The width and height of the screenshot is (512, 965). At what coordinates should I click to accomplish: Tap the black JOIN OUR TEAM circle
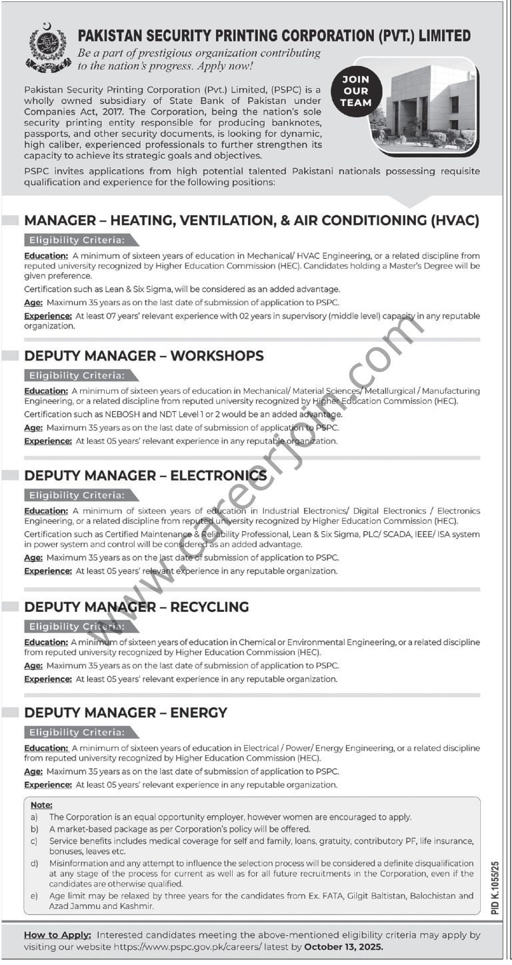(355, 91)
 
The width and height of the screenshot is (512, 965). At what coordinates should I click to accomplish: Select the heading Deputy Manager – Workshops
(144, 356)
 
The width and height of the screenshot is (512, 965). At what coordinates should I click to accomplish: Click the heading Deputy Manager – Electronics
(145, 475)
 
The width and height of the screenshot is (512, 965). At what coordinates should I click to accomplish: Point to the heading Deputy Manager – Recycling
(137, 607)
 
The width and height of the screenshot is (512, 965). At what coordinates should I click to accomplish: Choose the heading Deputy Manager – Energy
(126, 713)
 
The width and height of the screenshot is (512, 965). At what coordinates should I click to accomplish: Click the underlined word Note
(41, 805)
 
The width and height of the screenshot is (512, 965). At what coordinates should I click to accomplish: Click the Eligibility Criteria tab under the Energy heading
(77, 732)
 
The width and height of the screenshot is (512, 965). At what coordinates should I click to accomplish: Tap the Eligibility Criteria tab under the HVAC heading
(77, 241)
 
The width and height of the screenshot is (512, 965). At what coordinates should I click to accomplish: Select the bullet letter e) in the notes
(34, 896)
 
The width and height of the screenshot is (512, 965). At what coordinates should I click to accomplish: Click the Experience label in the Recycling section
(48, 679)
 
